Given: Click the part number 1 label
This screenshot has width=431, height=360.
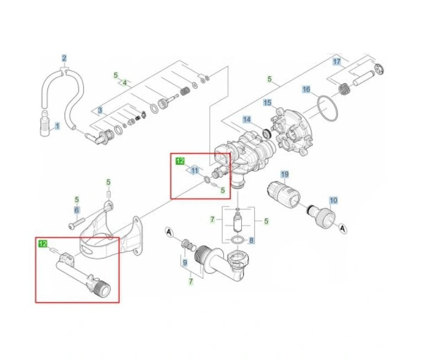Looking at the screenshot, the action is (57, 126).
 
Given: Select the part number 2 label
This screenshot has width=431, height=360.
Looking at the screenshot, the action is (64, 59).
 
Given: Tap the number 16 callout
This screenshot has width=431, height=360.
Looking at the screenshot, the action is (306, 89).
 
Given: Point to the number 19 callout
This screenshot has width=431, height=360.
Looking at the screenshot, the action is (285, 174).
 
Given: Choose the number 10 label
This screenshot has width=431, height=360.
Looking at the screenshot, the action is (333, 200).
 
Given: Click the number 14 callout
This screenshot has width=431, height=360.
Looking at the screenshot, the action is (247, 119).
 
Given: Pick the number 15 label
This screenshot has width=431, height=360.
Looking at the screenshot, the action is (268, 103).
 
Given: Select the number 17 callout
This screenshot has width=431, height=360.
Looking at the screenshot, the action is (337, 62).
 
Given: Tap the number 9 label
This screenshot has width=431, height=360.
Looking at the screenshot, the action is (185, 263).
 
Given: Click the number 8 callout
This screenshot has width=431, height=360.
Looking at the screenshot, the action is (252, 240).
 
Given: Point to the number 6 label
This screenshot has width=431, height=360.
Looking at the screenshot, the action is (77, 210).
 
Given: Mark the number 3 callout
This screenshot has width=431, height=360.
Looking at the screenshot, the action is (100, 110).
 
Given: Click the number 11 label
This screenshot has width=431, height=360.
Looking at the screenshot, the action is (195, 171).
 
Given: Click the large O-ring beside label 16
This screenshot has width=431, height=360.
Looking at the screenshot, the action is (328, 108).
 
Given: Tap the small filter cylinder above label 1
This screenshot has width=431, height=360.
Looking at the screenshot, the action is (44, 123).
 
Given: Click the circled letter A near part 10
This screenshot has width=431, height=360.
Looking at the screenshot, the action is (343, 228).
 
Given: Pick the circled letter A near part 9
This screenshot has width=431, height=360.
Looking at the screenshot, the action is (169, 232).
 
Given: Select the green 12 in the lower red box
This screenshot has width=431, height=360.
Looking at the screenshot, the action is (43, 243).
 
